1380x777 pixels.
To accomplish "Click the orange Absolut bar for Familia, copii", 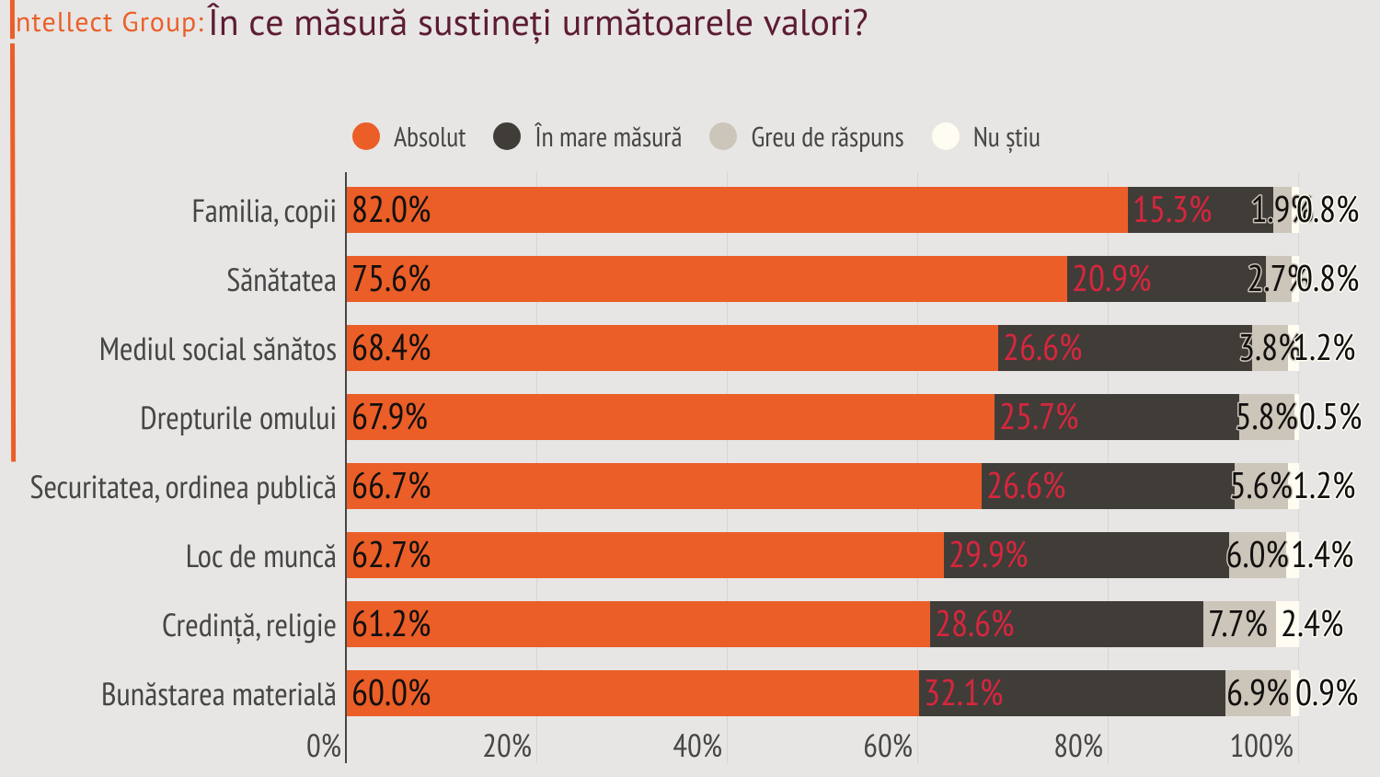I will pyautogui.click(x=736, y=210).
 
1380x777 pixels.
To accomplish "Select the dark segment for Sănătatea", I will pyautogui.click(x=1196, y=279).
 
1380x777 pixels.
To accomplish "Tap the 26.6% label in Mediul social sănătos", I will pyautogui.click(x=1042, y=348).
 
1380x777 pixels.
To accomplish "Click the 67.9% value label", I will pyautogui.click(x=390, y=417).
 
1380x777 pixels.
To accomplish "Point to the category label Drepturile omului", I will pyautogui.click(x=238, y=418).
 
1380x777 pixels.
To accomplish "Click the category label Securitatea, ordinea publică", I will pyautogui.click(x=183, y=487).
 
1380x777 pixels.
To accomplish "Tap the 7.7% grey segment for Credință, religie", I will pyautogui.click(x=1238, y=624).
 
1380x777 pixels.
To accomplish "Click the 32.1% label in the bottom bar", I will pyautogui.click(x=963, y=693).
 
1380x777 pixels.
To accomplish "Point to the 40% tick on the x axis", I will pyautogui.click(x=697, y=746).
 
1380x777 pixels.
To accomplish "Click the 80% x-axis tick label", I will pyautogui.click(x=1078, y=746).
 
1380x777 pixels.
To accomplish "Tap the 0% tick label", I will pyautogui.click(x=324, y=746).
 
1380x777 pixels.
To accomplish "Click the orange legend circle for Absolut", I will pyautogui.click(x=366, y=137).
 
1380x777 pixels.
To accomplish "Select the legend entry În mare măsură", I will pyautogui.click(x=608, y=137).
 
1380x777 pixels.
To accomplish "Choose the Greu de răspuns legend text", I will pyautogui.click(x=827, y=137).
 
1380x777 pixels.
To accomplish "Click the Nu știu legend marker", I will pyautogui.click(x=946, y=137).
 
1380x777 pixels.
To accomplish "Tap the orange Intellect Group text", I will pyautogui.click(x=109, y=23).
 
